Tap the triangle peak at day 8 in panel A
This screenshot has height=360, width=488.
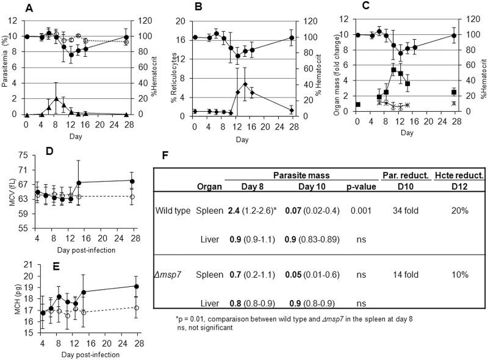tap(56, 98)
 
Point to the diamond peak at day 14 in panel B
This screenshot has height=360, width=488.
tap(245, 84)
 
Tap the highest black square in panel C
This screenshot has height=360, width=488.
tap(393, 70)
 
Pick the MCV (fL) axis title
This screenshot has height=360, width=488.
tap(7, 199)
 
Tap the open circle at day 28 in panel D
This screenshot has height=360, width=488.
tap(132, 197)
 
